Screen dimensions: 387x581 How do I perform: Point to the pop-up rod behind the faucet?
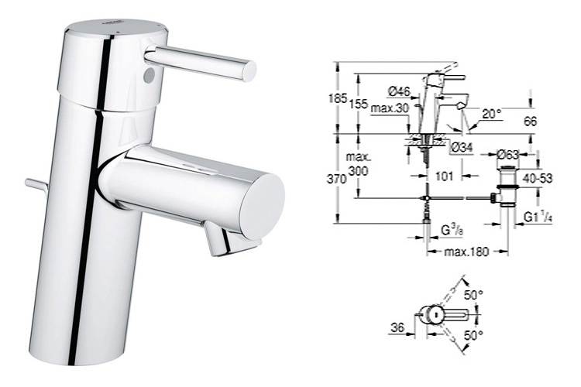(36, 184)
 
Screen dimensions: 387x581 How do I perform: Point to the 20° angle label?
(490, 114)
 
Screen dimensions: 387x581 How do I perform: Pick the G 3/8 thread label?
(450, 231)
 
